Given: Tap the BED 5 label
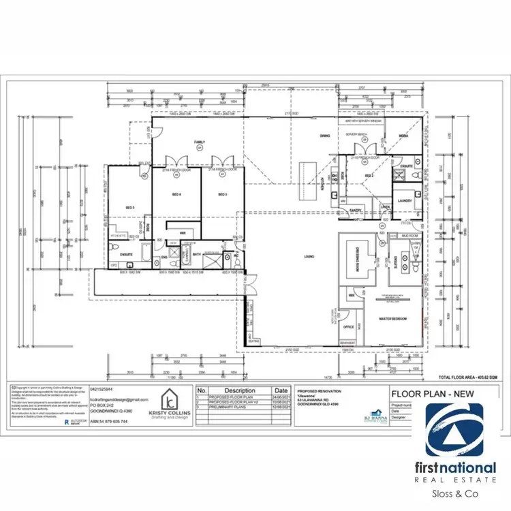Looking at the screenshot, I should (x=129, y=206).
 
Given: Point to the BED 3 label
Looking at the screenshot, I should (x=221, y=194).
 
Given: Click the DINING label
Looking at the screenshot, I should (x=324, y=136).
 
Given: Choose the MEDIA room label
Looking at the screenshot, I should (x=403, y=136).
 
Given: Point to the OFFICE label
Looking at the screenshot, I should (x=348, y=327).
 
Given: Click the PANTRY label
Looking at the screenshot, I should (x=355, y=211).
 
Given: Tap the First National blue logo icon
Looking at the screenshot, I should (x=454, y=429).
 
